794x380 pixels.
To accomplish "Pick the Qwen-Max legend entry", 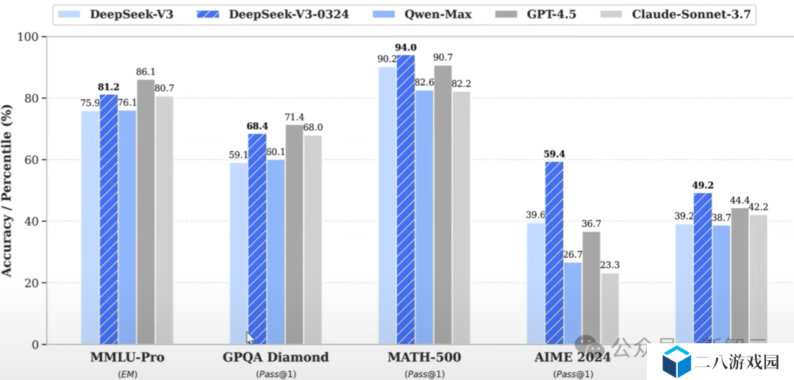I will [x=437, y=14].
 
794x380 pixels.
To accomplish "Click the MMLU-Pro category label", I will [x=127, y=358].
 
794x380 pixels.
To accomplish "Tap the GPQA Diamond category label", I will [x=276, y=358].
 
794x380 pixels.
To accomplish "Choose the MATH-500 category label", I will [x=425, y=358].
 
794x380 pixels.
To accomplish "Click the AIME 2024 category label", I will [x=573, y=358].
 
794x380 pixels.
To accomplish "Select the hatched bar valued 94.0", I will [x=406, y=199].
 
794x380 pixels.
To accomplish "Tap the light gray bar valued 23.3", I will [x=609, y=309].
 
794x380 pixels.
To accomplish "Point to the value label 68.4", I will [x=257, y=126].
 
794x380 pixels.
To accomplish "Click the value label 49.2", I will [x=703, y=186].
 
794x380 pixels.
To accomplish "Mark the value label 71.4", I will [x=295, y=118].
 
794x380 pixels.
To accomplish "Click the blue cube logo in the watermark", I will [x=676, y=361].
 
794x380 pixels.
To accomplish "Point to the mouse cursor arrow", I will [x=250, y=337].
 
